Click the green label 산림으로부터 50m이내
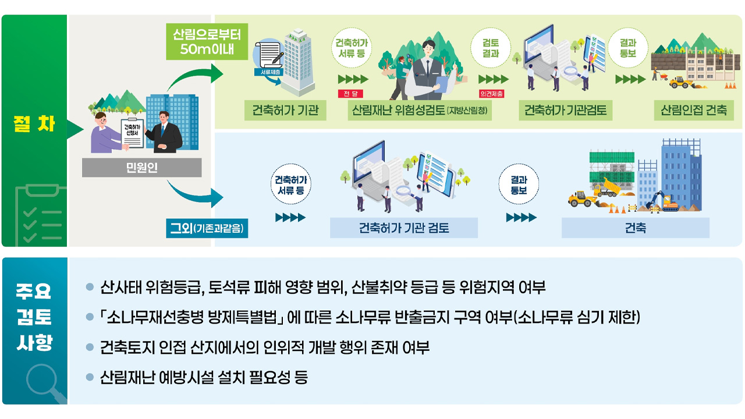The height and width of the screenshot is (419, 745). [x=207, y=41]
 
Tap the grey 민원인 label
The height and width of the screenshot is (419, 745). [x=141, y=168]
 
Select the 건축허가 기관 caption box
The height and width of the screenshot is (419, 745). [x=285, y=110]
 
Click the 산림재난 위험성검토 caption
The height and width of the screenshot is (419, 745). [x=419, y=110]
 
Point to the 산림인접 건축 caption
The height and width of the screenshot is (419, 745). [x=693, y=110]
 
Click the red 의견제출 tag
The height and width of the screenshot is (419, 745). [x=492, y=94]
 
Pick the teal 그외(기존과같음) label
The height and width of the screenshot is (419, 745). [x=207, y=228]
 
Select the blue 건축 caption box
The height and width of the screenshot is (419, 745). [x=635, y=228]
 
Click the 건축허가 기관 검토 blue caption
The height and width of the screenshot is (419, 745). [x=404, y=228]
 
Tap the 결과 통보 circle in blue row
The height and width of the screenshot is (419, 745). [x=519, y=186]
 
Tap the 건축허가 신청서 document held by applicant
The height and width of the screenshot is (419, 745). [x=132, y=130]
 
